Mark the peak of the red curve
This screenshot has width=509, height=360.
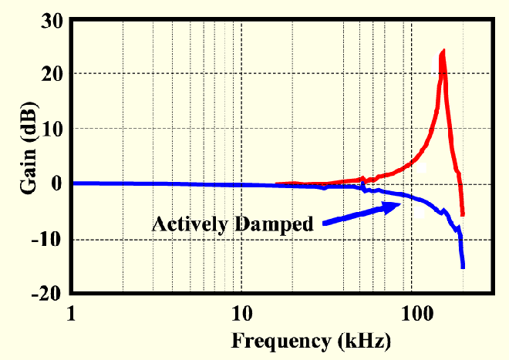443,52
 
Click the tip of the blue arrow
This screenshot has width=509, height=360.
400,204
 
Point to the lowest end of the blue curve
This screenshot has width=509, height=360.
463,267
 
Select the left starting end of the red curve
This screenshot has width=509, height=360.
276,184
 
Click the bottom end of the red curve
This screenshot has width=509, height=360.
463,215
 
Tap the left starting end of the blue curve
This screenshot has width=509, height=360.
72,183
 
